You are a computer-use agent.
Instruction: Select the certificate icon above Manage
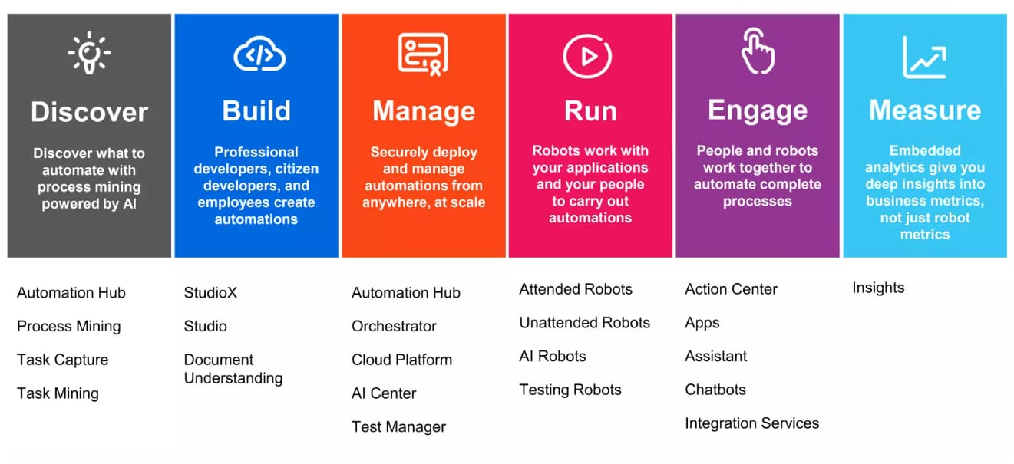(423, 54)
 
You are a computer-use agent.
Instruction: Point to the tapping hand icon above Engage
(757, 51)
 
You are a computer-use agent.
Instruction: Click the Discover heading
(89, 112)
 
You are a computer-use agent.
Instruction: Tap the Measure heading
(924, 110)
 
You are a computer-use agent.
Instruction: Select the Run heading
(590, 111)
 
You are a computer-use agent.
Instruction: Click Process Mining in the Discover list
(69, 326)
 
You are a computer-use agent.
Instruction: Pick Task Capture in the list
(63, 360)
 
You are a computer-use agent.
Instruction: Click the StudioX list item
(210, 292)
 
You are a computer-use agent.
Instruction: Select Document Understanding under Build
(233, 369)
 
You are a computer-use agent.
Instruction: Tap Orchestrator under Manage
(394, 326)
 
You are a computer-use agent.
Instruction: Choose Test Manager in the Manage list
(398, 427)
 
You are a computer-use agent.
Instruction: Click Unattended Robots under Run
(584, 323)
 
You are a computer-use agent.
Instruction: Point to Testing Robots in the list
(570, 390)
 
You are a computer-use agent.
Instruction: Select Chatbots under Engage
(715, 390)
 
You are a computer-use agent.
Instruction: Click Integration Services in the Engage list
(751, 423)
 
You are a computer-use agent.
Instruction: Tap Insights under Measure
(878, 288)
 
